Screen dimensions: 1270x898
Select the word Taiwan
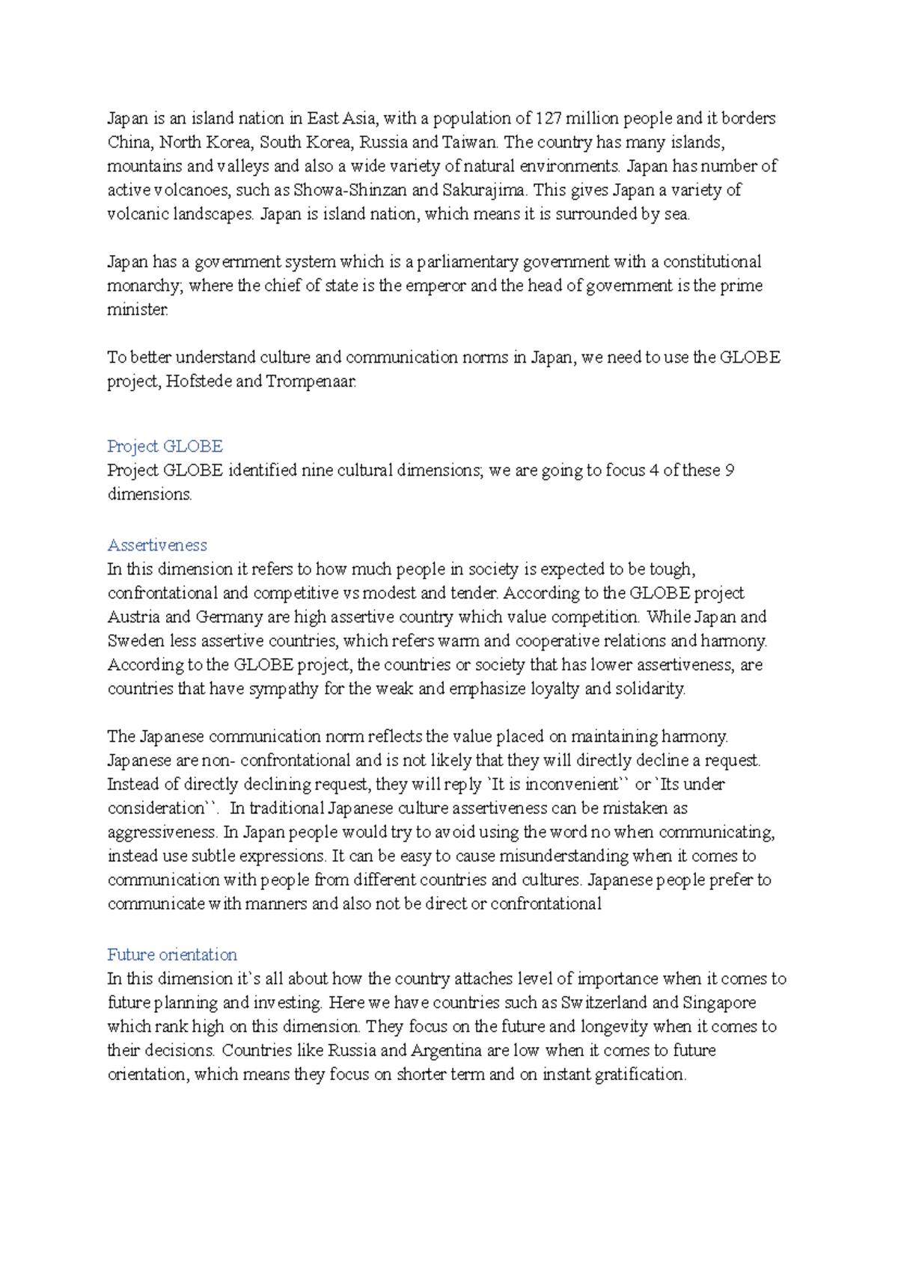pos(468,142)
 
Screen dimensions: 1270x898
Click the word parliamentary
pos(467,262)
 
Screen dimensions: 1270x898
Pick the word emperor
pos(436,286)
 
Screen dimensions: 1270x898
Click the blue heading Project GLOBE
pos(165,447)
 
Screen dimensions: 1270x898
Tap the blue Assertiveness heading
pos(157,545)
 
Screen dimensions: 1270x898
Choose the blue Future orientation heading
pos(172,955)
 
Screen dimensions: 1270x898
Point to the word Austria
pos(134,617)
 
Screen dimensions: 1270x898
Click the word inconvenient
pos(571,785)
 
